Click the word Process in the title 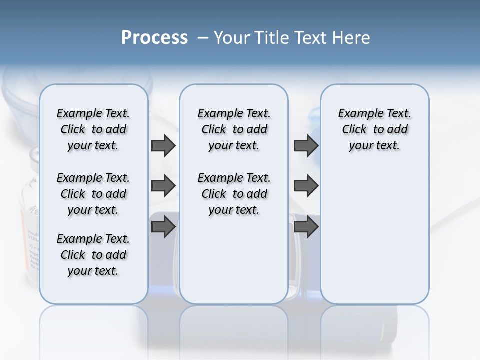154,37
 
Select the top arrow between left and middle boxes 163,146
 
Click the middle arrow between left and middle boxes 163,186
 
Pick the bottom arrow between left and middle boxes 163,227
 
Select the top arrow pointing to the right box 306,146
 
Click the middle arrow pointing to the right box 306,186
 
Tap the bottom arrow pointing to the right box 306,227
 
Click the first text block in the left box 93,130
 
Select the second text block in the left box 93,194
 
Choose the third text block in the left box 93,255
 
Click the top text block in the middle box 234,130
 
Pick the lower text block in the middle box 234,194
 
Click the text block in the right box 374,130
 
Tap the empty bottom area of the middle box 234,265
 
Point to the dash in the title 203,38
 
